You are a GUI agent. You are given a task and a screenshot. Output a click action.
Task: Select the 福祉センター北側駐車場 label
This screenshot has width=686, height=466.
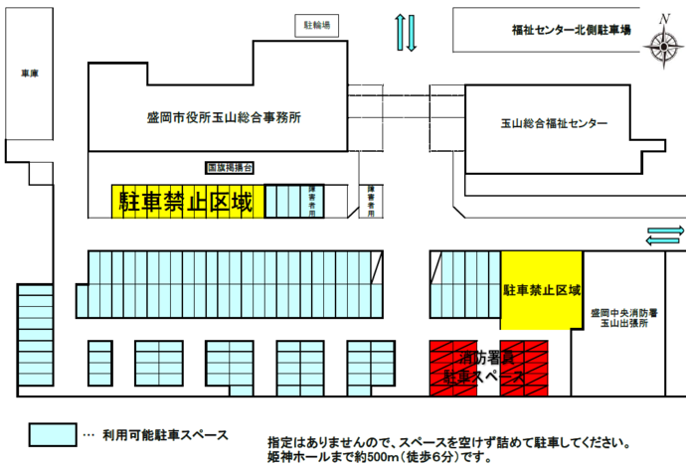[566, 31]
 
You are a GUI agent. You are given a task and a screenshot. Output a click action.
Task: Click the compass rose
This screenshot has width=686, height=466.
[661, 44]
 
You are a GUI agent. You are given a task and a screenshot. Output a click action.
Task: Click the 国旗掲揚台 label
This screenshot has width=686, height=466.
[230, 169]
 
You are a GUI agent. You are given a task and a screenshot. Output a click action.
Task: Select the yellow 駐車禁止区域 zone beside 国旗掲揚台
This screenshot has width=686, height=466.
[186, 202]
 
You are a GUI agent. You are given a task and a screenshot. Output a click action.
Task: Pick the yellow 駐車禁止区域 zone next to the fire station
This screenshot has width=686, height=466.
[541, 289]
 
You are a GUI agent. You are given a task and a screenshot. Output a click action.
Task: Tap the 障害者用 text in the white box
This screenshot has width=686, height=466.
[371, 202]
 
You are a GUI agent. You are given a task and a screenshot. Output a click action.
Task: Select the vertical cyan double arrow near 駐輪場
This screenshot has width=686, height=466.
[408, 33]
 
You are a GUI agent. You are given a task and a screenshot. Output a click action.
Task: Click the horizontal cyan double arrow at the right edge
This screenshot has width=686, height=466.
[665, 235]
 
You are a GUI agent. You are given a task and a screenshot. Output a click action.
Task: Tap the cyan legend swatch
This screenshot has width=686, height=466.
[52, 434]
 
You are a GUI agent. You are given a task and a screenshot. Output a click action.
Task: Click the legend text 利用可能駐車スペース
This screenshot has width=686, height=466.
[160, 435]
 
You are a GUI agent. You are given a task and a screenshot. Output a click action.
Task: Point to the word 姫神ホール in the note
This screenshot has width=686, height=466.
[299, 458]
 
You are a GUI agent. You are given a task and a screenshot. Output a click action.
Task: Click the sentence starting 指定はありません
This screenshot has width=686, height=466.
[447, 442]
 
